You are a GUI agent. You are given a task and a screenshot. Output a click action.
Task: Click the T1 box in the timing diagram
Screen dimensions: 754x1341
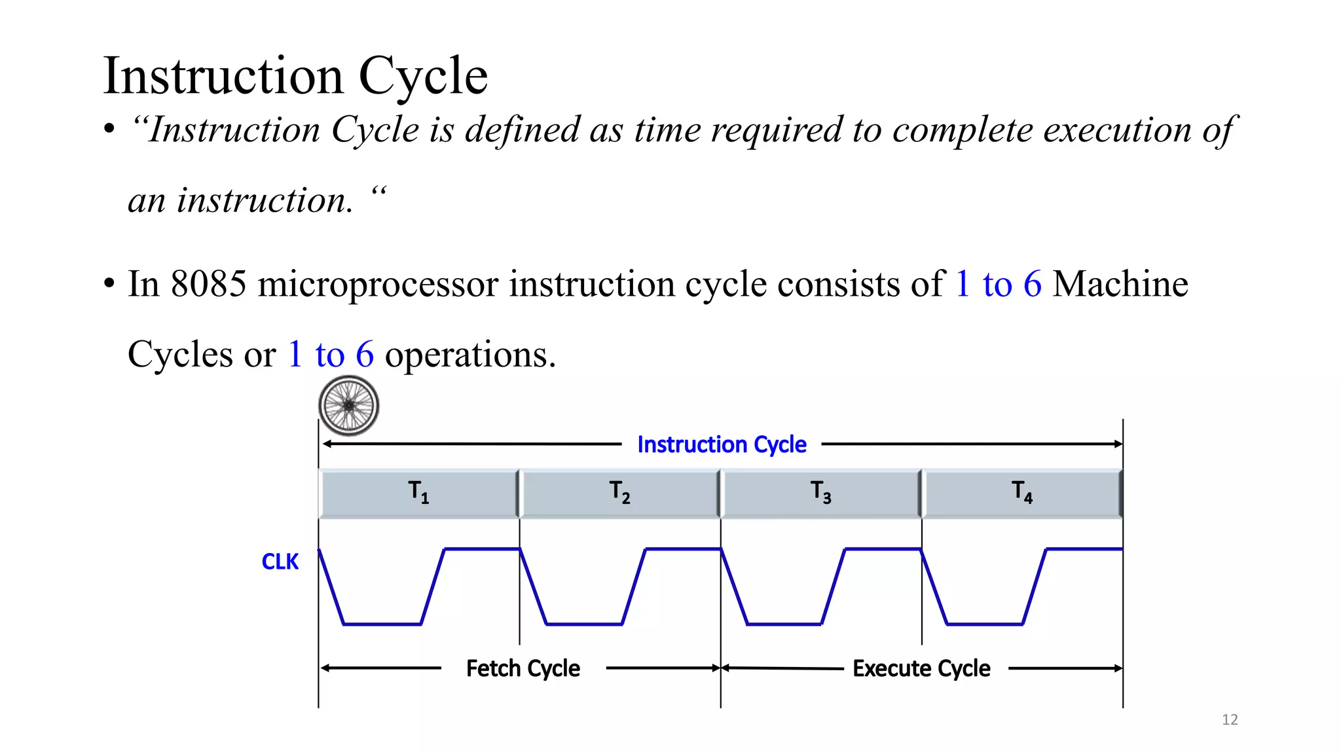click(418, 493)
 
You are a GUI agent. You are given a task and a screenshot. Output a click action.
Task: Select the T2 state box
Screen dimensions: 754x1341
click(619, 493)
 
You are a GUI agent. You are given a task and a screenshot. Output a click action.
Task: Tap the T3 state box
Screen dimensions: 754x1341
click(820, 493)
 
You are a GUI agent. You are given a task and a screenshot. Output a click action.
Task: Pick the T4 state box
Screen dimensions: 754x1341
click(1021, 493)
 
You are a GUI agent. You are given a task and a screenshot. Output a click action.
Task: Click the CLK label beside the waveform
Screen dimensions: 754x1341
click(280, 562)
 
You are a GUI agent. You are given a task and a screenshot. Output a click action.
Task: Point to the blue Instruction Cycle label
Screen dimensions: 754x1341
click(722, 444)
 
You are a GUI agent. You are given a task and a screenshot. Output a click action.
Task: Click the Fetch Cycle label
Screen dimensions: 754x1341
click(523, 668)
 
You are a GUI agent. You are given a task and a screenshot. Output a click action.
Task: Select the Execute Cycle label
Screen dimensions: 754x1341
click(921, 668)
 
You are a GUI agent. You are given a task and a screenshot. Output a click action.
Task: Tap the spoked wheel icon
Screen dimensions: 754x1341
click(349, 406)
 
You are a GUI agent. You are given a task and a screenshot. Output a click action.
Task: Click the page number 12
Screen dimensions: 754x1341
click(1230, 720)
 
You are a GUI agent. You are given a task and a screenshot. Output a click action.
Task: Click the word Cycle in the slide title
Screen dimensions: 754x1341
click(423, 77)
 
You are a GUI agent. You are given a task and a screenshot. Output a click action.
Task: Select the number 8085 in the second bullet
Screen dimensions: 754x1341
click(208, 284)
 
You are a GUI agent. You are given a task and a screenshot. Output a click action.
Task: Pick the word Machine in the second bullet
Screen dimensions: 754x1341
click(1120, 284)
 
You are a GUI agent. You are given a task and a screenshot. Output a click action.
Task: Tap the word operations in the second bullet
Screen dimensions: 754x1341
click(469, 355)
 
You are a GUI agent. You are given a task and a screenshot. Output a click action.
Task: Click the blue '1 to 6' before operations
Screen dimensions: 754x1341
click(331, 355)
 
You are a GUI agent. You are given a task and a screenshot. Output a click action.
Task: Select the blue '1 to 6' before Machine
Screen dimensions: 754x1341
click(998, 284)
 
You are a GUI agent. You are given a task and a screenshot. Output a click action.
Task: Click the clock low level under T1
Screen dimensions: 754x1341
click(382, 624)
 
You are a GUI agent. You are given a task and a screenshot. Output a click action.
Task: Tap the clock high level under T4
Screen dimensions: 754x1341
click(1084, 548)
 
